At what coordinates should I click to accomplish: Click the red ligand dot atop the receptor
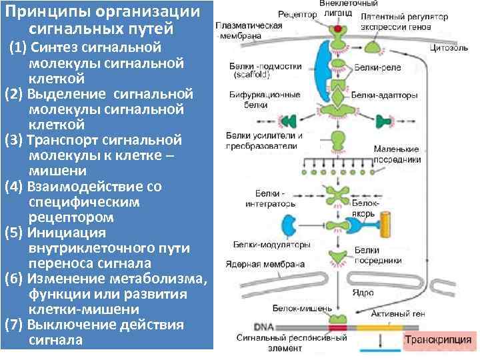[x=339, y=30]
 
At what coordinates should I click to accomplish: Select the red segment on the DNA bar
[x=337, y=327]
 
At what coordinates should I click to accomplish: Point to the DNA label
[x=263, y=327]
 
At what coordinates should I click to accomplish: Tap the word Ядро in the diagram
[x=364, y=291]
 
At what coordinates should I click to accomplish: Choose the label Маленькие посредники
[x=397, y=155]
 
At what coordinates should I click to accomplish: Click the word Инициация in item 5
[x=67, y=233]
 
